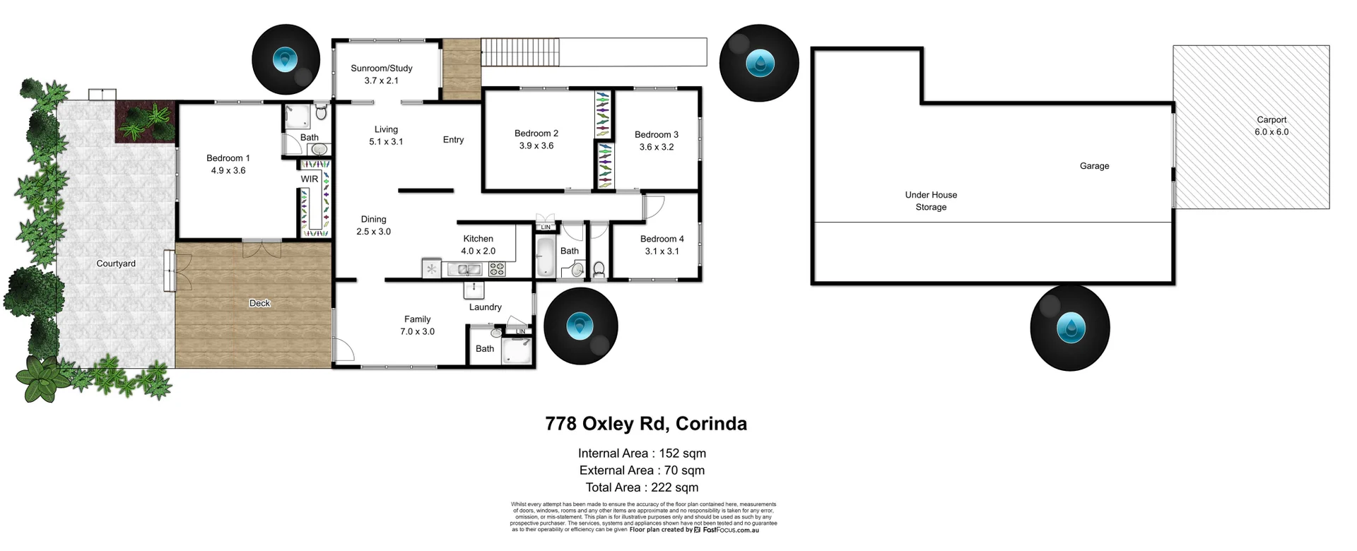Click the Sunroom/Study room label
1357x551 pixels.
(x=382, y=69)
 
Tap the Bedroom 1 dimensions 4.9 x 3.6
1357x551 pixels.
(x=228, y=170)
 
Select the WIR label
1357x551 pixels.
(x=310, y=179)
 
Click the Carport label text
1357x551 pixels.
(x=1271, y=120)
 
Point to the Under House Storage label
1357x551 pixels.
(x=931, y=201)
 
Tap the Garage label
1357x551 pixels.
(x=1094, y=166)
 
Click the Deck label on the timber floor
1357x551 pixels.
(x=259, y=303)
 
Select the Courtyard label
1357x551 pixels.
(x=116, y=263)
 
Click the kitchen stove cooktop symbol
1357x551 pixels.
(x=497, y=269)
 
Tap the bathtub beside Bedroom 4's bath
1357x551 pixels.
(x=546, y=257)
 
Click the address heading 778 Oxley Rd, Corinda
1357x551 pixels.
(x=645, y=424)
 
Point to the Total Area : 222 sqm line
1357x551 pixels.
(x=642, y=487)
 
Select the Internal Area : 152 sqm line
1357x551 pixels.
(x=642, y=454)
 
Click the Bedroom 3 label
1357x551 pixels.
(x=657, y=134)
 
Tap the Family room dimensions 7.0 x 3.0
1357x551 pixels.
(x=417, y=331)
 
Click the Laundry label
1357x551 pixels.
(x=485, y=307)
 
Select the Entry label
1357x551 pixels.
(x=453, y=140)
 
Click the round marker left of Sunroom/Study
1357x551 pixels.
(x=285, y=60)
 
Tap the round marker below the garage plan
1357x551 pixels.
(x=1069, y=328)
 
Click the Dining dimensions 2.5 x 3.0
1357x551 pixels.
(x=373, y=232)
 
